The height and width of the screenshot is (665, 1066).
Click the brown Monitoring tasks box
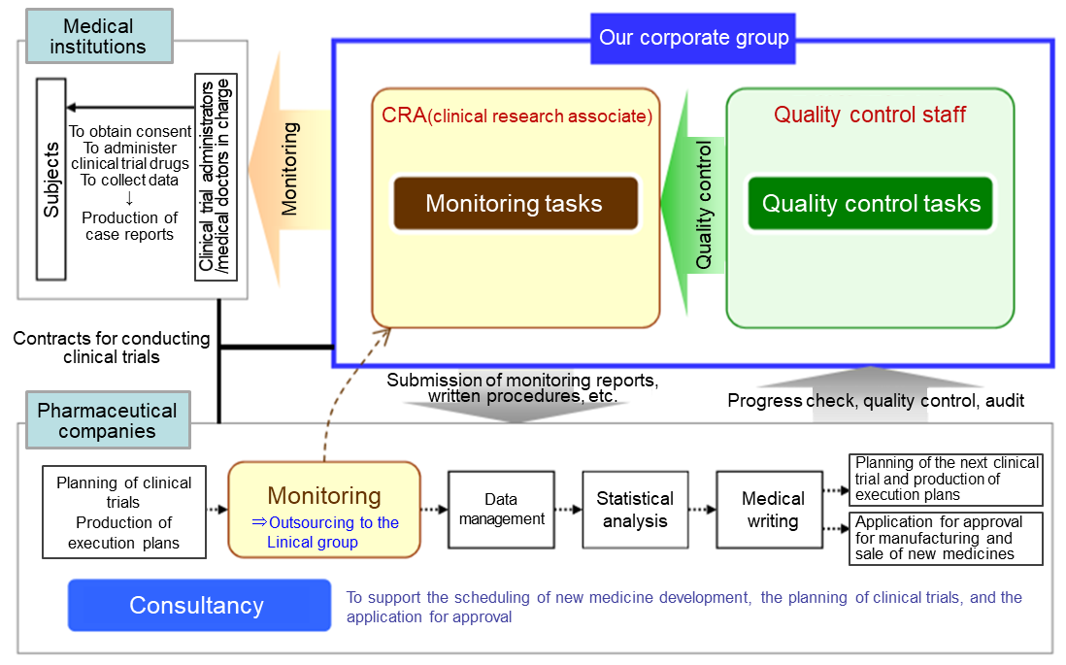(x=516, y=203)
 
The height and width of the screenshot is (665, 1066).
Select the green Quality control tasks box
(x=870, y=203)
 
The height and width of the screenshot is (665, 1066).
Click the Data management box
(x=501, y=510)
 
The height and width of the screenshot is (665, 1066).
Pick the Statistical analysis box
(x=635, y=510)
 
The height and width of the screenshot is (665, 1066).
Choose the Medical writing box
(x=770, y=510)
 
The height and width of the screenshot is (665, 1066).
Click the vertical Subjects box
(x=51, y=180)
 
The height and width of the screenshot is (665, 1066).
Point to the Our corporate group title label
(x=693, y=38)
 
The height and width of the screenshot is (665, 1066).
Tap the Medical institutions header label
(x=99, y=36)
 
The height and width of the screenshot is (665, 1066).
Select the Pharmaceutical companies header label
(x=108, y=420)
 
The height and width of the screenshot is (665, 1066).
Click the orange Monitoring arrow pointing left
(x=290, y=169)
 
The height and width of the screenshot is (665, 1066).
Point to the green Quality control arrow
(x=693, y=203)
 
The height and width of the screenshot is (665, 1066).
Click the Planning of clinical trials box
(x=123, y=512)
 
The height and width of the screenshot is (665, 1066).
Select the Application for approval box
(x=946, y=539)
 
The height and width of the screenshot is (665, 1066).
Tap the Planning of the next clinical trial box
(x=946, y=480)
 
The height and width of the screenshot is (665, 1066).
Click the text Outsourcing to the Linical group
(x=325, y=532)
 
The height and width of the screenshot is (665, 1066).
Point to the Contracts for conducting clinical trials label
(x=112, y=348)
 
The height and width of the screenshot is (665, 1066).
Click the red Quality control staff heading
(x=870, y=115)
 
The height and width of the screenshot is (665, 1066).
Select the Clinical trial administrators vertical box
(x=216, y=177)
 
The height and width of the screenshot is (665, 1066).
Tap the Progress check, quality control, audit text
(x=876, y=401)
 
